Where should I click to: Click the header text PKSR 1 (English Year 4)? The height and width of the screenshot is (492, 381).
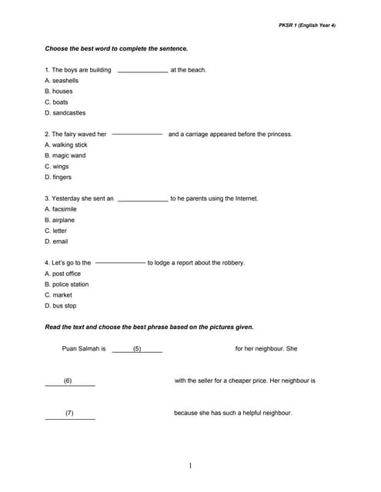point(306,25)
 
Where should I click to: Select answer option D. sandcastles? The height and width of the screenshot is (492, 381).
point(65,112)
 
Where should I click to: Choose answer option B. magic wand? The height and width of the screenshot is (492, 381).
point(65,155)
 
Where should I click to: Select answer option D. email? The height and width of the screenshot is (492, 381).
point(56,241)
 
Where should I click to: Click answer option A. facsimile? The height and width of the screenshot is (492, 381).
point(61,209)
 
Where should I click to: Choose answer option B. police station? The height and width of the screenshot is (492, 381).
point(67,284)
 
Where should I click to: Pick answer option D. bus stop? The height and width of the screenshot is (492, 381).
point(61,306)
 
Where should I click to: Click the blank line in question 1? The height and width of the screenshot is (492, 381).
point(142,71)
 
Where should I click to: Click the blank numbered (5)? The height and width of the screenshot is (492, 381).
point(137,350)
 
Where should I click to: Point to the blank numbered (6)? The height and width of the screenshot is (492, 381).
point(69,382)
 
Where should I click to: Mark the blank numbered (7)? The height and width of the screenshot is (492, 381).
point(69,414)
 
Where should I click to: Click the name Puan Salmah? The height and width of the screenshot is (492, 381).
point(80,349)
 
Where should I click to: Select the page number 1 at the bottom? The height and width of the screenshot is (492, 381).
point(190,465)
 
